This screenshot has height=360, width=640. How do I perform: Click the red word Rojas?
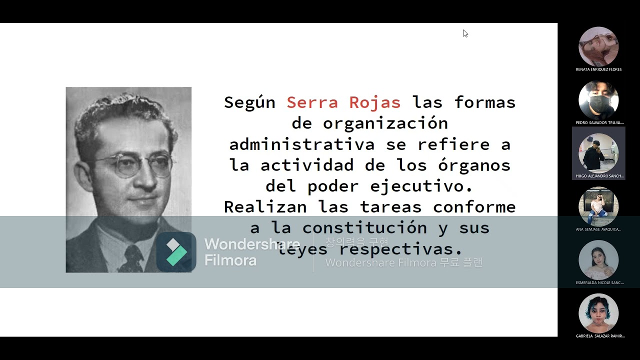pyautogui.click(x=374, y=102)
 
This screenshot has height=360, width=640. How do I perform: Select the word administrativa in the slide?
pyautogui.click(x=302, y=144)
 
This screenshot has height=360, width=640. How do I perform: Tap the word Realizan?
pyautogui.click(x=265, y=207)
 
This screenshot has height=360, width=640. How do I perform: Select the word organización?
pyautogui.click(x=385, y=123)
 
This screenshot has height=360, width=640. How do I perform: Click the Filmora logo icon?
pyautogui.click(x=176, y=252)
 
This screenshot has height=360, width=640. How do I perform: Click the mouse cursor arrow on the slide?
pyautogui.click(x=465, y=33)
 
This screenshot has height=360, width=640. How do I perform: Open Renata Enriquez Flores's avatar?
pyautogui.click(x=598, y=46)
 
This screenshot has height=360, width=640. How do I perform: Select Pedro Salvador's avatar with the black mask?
pyautogui.click(x=598, y=100)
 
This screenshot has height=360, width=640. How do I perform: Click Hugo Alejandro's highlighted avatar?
pyautogui.click(x=598, y=152)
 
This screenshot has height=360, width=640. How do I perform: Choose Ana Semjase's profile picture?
pyautogui.click(x=598, y=206)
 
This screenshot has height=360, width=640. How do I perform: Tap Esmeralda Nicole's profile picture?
pyautogui.click(x=598, y=260)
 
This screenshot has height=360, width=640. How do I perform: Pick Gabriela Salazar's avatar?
pyautogui.click(x=598, y=313)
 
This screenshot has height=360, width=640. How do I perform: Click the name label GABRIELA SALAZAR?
pyautogui.click(x=600, y=336)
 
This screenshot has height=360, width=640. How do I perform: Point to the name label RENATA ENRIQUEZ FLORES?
pyautogui.click(x=598, y=69)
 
